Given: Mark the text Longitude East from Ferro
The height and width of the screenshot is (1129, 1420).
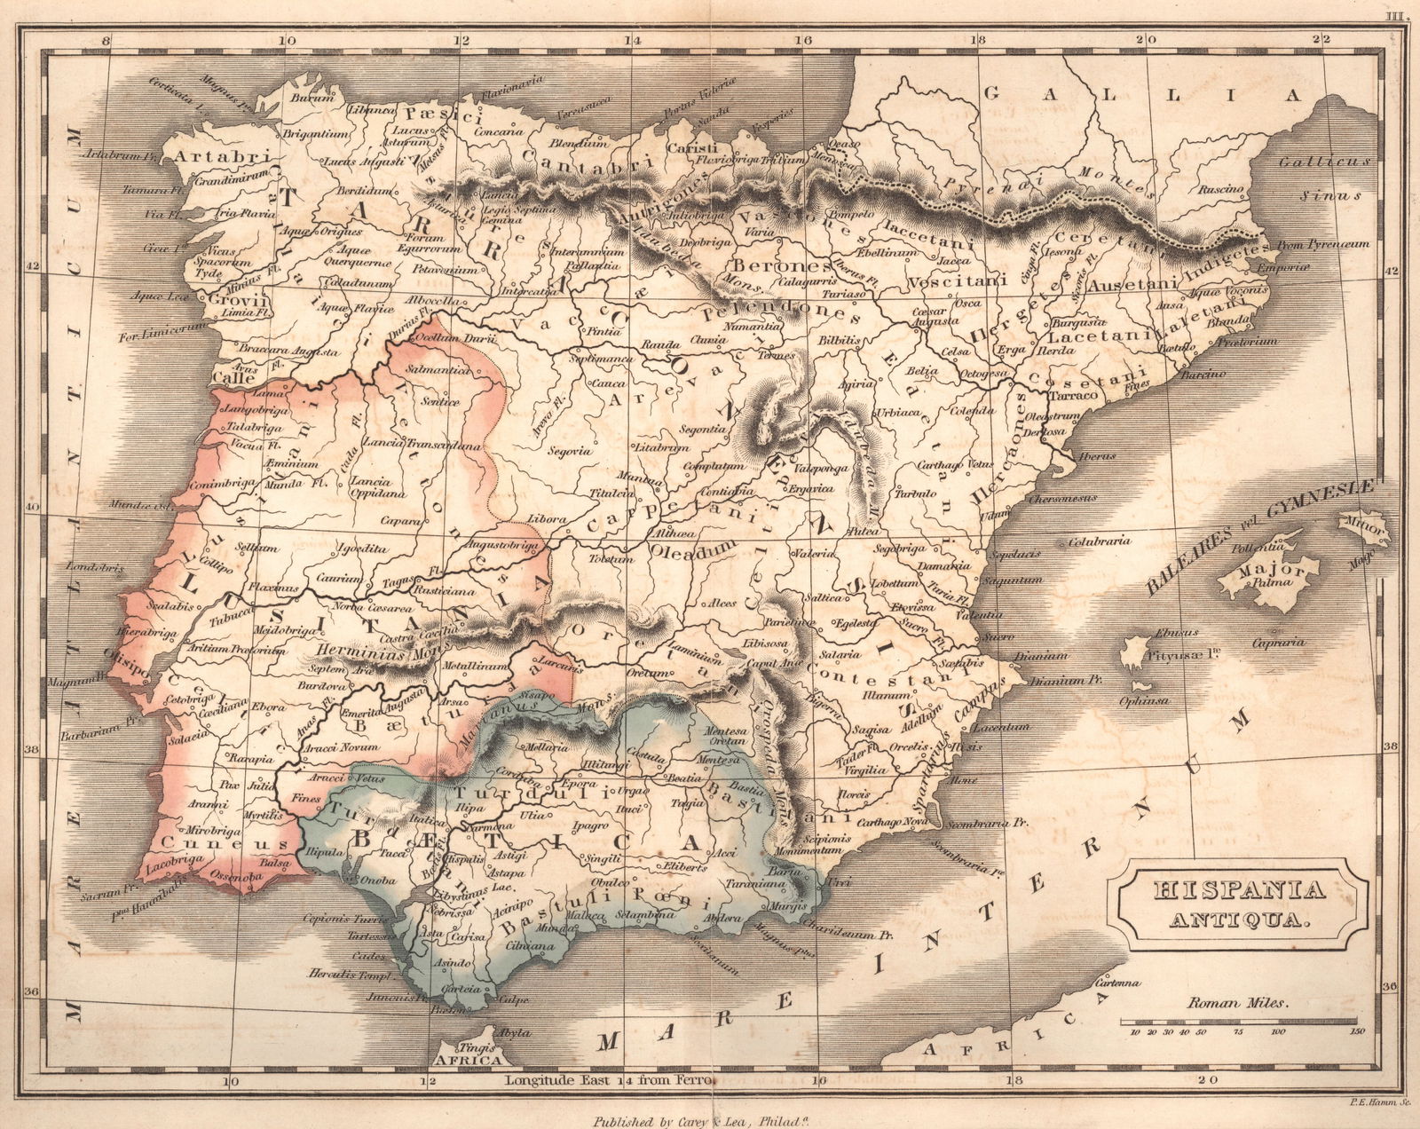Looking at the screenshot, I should pyautogui.click(x=613, y=1081).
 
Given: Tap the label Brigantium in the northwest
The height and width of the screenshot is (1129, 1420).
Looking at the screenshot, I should pyautogui.click(x=314, y=133).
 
